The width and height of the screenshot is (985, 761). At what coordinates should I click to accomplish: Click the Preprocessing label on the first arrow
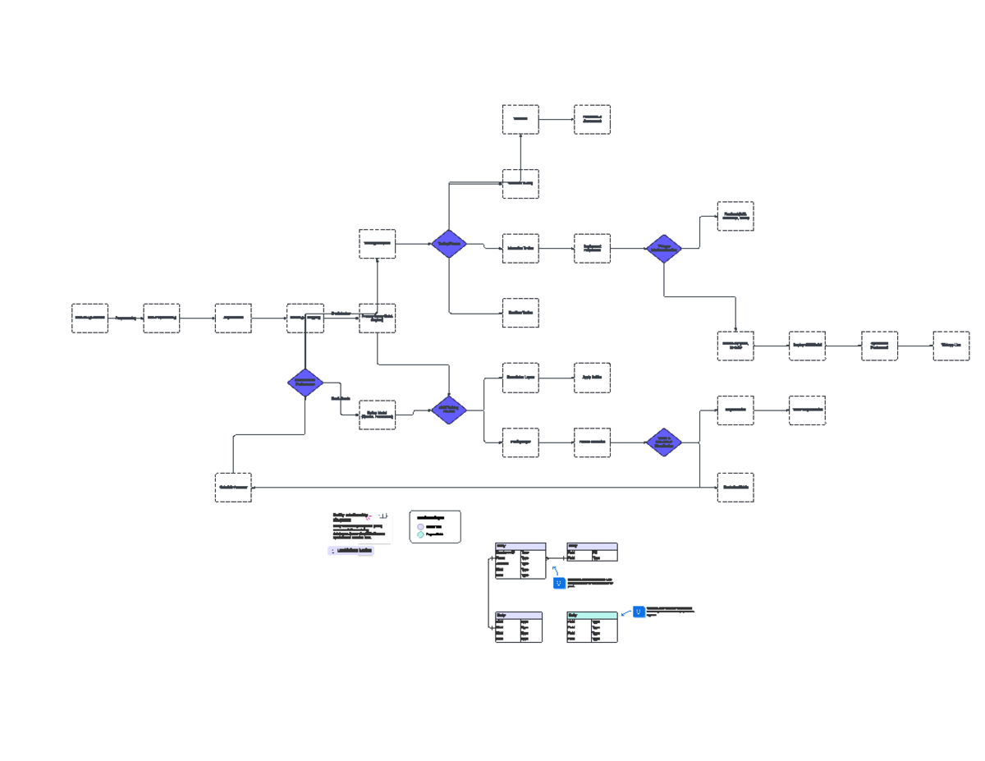click(x=126, y=318)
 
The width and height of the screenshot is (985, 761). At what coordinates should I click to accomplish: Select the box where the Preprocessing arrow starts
click(x=89, y=318)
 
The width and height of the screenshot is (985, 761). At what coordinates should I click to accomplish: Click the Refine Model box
click(x=377, y=415)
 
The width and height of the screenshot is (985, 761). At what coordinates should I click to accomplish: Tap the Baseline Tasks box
click(x=520, y=313)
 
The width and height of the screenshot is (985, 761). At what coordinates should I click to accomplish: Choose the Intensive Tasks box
click(x=520, y=248)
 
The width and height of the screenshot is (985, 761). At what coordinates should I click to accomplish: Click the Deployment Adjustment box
click(x=592, y=248)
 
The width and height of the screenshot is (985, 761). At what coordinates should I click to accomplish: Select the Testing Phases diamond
click(x=449, y=244)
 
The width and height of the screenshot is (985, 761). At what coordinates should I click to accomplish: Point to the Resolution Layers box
click(x=520, y=378)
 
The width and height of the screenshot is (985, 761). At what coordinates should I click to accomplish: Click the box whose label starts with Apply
click(x=592, y=378)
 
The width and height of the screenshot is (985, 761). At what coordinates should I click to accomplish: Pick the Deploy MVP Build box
click(x=807, y=346)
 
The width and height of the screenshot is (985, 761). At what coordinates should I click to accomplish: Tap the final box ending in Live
click(x=951, y=346)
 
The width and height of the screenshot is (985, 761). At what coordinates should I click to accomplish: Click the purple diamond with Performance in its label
click(x=305, y=382)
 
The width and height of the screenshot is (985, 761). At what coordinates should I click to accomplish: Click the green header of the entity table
click(x=592, y=615)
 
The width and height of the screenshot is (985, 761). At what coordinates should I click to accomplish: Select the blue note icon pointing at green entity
click(x=639, y=612)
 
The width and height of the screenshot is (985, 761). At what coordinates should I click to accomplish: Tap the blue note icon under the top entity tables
click(x=559, y=583)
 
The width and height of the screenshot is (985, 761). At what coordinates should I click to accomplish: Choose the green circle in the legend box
click(x=421, y=534)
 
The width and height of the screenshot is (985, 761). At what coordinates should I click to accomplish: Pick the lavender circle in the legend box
click(x=421, y=527)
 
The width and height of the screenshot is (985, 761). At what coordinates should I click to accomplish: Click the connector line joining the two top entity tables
click(x=557, y=558)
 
